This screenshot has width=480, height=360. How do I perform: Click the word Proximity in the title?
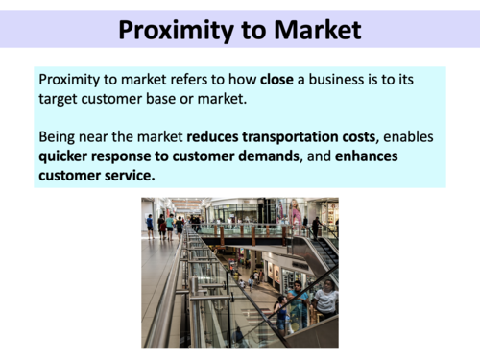169,30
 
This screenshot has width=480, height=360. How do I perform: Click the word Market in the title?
311,30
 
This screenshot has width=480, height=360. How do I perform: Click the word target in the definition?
61,97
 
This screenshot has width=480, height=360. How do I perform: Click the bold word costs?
376,135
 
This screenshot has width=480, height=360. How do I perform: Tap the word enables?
425,135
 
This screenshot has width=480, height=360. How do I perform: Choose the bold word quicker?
68,156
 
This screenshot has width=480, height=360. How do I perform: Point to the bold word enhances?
366,156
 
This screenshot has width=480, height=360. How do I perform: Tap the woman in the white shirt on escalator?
325,300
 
